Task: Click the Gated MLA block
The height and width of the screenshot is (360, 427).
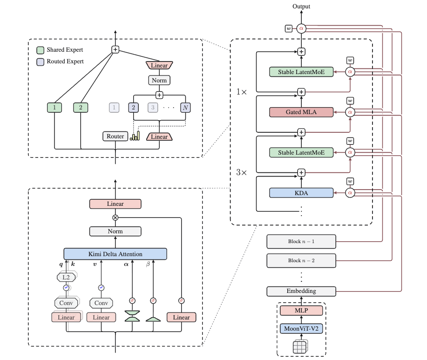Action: pos(301,112)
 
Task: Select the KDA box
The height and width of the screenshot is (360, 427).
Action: pos(301,193)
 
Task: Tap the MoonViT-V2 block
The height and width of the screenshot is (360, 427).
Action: pos(301,328)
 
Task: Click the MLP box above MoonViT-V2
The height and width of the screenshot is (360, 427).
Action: pos(301,311)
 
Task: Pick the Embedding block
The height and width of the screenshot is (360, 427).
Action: pos(301,291)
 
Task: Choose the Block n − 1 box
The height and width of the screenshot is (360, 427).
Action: pos(301,242)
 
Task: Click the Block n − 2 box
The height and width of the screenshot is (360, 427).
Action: pos(301,261)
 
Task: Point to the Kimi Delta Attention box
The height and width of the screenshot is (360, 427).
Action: pos(115,254)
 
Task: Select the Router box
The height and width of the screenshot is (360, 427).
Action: pos(115,136)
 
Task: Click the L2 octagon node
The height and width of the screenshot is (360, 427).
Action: pos(66,277)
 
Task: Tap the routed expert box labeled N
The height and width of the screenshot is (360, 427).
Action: pos(185,108)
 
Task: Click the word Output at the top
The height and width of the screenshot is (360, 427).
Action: pos(301,6)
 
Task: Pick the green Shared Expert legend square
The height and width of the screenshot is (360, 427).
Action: pos(41,50)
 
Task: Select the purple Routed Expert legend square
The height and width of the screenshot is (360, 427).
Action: pos(41,62)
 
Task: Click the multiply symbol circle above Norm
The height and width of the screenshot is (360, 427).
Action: pos(115,217)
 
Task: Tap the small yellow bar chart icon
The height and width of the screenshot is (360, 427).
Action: pos(135,136)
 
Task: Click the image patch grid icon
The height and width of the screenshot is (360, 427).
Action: pos(300,346)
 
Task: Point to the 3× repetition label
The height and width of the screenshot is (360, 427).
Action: pos(241,172)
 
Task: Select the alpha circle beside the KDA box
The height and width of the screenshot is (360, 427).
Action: pos(350,193)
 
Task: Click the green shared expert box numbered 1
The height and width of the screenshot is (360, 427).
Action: pos(54,108)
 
